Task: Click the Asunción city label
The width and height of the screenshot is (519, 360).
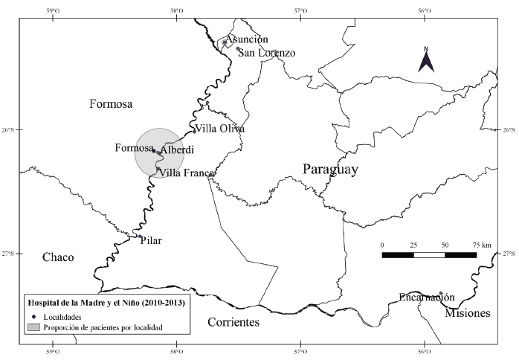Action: (247, 39)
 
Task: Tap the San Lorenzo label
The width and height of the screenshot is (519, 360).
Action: (266, 53)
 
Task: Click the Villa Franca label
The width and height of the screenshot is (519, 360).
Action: (187, 173)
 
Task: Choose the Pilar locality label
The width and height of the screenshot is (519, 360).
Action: (152, 240)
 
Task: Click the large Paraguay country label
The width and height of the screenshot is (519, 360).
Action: (330, 170)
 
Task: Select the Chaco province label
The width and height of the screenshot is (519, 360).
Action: (58, 257)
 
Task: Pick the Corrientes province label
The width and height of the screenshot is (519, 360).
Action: (233, 323)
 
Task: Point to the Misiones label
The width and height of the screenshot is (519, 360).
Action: (468, 313)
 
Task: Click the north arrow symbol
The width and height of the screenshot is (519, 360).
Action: (426, 60)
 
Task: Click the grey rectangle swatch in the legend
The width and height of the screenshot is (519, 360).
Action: (33, 327)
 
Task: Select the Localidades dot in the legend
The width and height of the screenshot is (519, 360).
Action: (33, 316)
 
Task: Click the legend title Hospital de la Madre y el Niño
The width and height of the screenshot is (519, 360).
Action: (106, 303)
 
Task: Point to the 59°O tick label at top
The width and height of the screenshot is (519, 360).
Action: (52, 10)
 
